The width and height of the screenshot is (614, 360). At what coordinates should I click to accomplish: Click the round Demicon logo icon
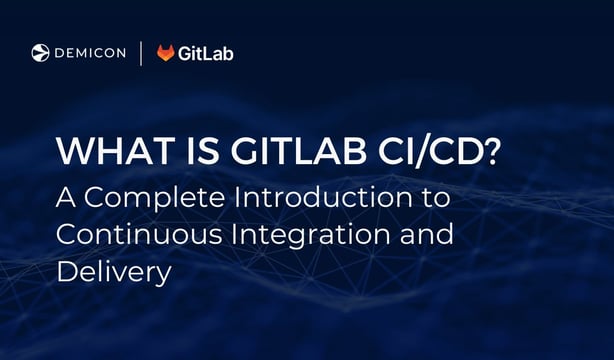coord(40,53)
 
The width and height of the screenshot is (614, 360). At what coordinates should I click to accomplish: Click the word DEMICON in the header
coord(89,53)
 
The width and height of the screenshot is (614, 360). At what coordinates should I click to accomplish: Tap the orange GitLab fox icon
coord(166,53)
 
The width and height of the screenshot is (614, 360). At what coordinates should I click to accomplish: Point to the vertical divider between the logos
coord(140,53)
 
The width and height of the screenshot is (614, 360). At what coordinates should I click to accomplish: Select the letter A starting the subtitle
coord(65,197)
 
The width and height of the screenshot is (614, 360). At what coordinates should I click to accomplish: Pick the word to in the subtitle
coord(435,198)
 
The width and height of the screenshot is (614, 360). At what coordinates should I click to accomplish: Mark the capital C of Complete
coord(97,197)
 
